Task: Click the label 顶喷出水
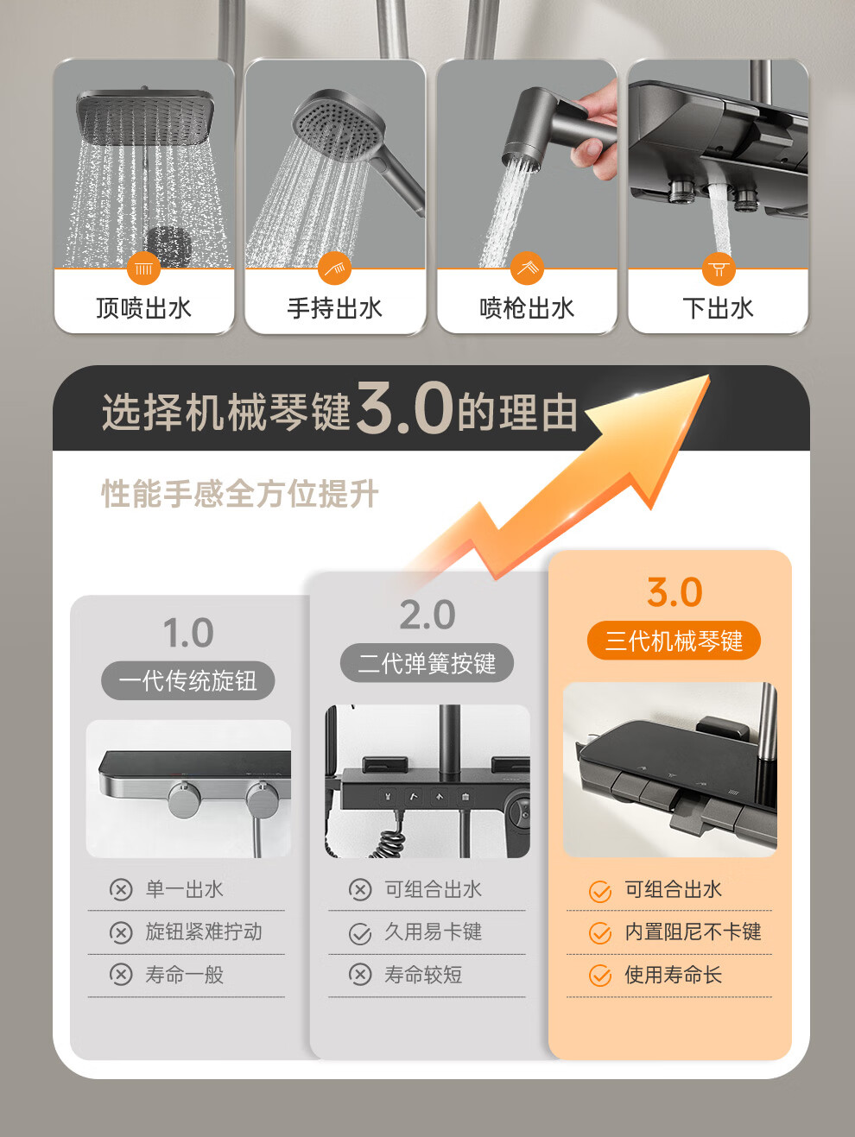point(143,308)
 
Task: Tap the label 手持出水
point(335,308)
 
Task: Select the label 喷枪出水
point(527,308)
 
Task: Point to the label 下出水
point(718,308)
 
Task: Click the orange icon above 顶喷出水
point(143,268)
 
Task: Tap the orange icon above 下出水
point(719,268)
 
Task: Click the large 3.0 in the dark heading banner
point(405,407)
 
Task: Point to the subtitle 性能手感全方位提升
point(240,494)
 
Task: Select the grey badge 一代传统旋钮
point(187,680)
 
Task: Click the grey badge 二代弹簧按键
point(427,663)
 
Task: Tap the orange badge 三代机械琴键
point(674,641)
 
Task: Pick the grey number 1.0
point(188,633)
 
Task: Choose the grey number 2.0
point(427,615)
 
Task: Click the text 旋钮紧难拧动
point(204,932)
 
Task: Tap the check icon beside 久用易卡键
point(360,934)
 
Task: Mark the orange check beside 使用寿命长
point(600,976)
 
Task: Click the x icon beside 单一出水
point(121,890)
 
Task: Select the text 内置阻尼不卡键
point(693,932)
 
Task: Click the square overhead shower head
point(146,117)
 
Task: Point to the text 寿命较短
point(423,975)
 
